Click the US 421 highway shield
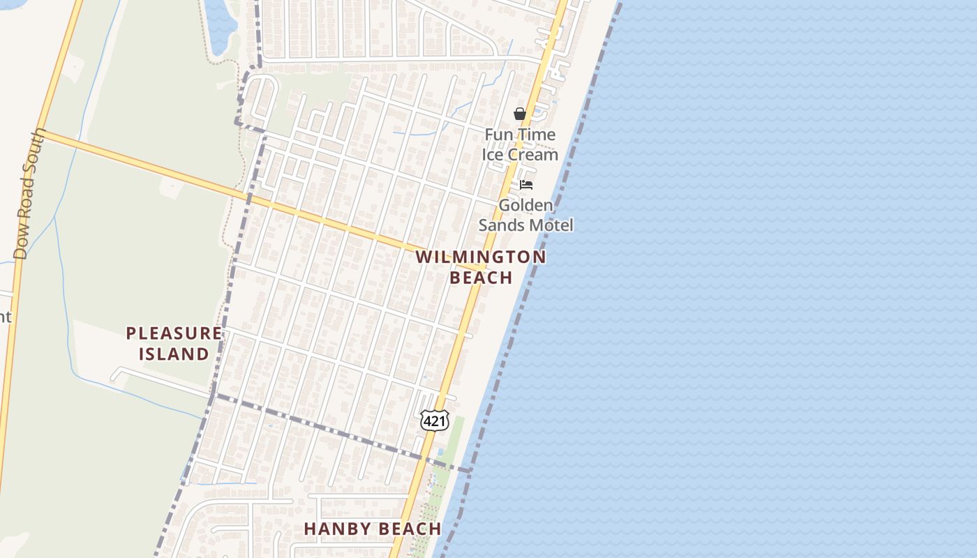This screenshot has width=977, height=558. (x=434, y=421)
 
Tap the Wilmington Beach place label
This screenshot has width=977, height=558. (x=481, y=267)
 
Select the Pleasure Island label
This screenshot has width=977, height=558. (x=174, y=343)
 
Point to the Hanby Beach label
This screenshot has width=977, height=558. (x=373, y=529)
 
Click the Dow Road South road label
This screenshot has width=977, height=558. (x=29, y=194)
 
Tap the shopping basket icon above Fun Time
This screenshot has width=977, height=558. (x=519, y=114)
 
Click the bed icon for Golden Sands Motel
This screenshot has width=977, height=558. (x=526, y=185)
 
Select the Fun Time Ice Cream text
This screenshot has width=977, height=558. (x=521, y=144)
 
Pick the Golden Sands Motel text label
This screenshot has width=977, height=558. (x=525, y=215)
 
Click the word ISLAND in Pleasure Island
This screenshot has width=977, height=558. (x=174, y=354)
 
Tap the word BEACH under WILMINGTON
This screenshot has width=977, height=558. (x=481, y=278)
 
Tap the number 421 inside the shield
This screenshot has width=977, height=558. (x=434, y=421)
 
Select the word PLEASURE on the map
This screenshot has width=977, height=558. (x=174, y=333)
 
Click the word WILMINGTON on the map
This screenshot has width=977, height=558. (x=481, y=257)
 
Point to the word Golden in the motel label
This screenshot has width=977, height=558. (x=525, y=205)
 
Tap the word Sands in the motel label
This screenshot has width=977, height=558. (x=502, y=225)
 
